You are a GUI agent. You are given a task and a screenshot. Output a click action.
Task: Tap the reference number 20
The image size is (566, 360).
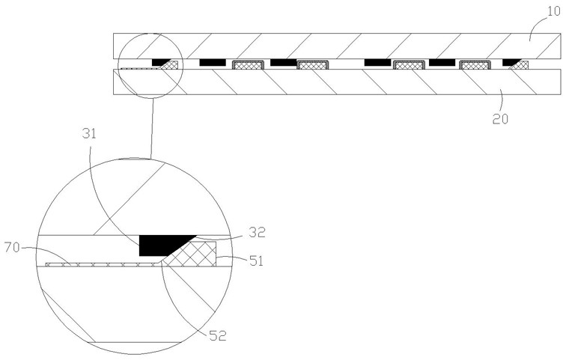point(499,118)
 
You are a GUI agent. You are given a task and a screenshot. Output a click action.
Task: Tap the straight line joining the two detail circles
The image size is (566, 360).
point(152,127)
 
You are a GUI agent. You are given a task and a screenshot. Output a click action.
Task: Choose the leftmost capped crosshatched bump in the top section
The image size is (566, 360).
point(246,64)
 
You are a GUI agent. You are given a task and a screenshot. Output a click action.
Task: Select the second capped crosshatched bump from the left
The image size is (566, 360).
point(311,64)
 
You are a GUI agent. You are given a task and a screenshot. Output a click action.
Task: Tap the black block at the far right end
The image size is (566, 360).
point(511,61)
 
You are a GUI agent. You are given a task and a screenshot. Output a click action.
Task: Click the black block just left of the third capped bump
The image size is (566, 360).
point(378,61)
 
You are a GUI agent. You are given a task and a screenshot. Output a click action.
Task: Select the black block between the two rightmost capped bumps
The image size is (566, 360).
point(443,61)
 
